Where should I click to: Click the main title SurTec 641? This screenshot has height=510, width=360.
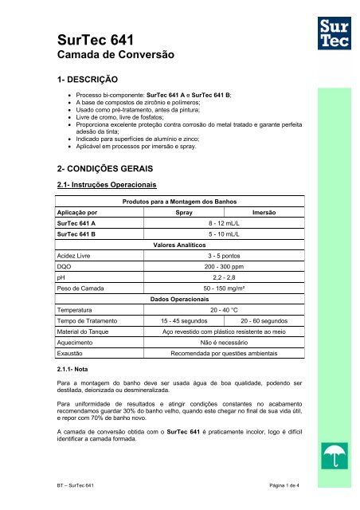pos(73,40)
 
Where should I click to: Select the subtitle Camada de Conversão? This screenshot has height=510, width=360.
pos(101,57)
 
